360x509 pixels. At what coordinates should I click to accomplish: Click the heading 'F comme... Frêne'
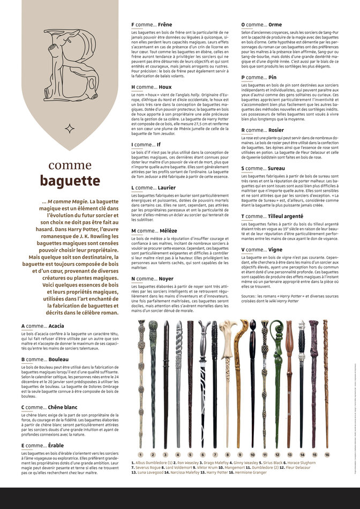(152, 25)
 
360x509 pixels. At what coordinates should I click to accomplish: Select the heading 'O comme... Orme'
(261, 25)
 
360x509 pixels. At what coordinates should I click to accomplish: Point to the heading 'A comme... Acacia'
(43, 326)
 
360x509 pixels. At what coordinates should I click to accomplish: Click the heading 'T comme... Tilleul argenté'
(272, 216)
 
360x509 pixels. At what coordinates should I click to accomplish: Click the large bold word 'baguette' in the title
(70, 181)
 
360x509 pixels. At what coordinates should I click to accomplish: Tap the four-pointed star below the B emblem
(70, 129)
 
